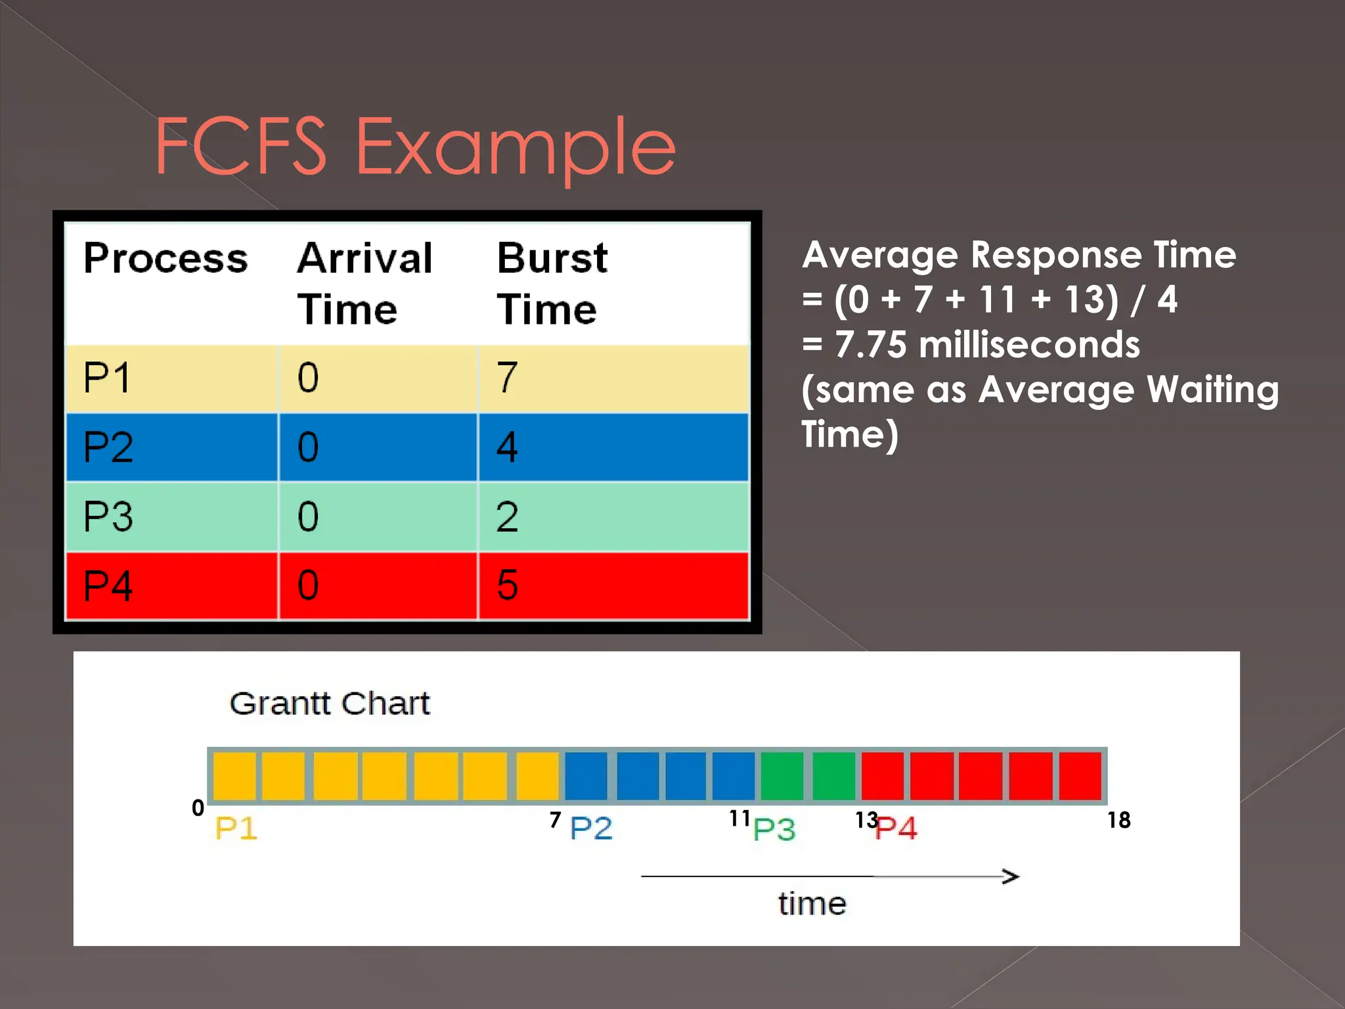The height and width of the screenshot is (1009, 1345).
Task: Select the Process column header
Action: pyautogui.click(x=165, y=258)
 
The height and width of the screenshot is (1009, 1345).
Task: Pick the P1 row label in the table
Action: pyautogui.click(x=107, y=378)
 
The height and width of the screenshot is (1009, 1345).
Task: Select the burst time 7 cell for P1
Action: pyautogui.click(x=507, y=378)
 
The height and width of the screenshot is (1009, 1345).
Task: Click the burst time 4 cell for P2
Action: pyautogui.click(x=507, y=447)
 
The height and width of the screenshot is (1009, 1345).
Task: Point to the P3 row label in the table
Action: pyautogui.click(x=108, y=516)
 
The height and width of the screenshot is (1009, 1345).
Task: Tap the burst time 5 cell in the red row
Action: pyautogui.click(x=507, y=585)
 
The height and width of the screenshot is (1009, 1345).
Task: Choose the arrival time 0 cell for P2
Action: pyautogui.click(x=308, y=447)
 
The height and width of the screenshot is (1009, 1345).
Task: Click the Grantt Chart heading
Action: pyautogui.click(x=330, y=704)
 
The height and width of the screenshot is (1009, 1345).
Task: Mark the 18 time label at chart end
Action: pyautogui.click(x=1118, y=820)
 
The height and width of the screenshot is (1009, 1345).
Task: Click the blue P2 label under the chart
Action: pyautogui.click(x=591, y=828)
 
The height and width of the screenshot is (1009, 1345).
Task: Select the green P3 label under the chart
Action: pyautogui.click(x=774, y=829)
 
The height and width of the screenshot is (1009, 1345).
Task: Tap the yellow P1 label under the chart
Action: pyautogui.click(x=236, y=828)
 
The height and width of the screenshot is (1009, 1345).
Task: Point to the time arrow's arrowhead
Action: pyautogui.click(x=1012, y=876)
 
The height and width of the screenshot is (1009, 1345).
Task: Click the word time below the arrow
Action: pyautogui.click(x=812, y=904)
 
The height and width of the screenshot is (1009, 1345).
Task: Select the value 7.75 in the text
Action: pyautogui.click(x=870, y=345)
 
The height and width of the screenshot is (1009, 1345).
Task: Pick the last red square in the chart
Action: pyautogui.click(x=1080, y=776)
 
